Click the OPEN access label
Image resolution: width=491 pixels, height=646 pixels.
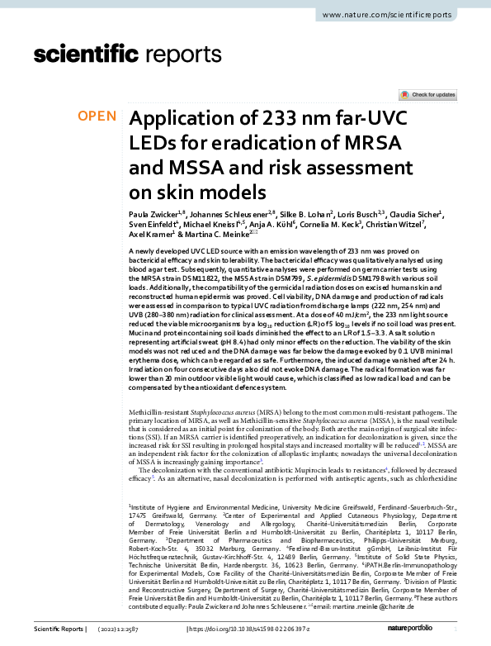pyautogui.click(x=97, y=116)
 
